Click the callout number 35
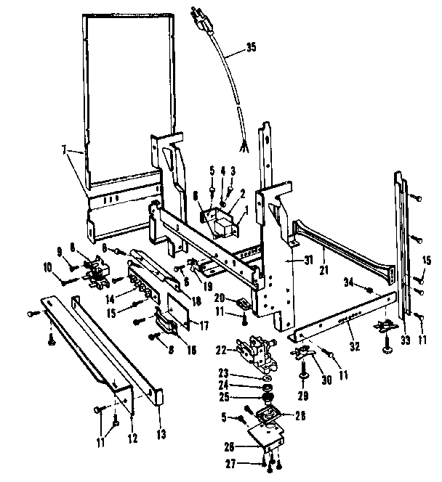[251, 49]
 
